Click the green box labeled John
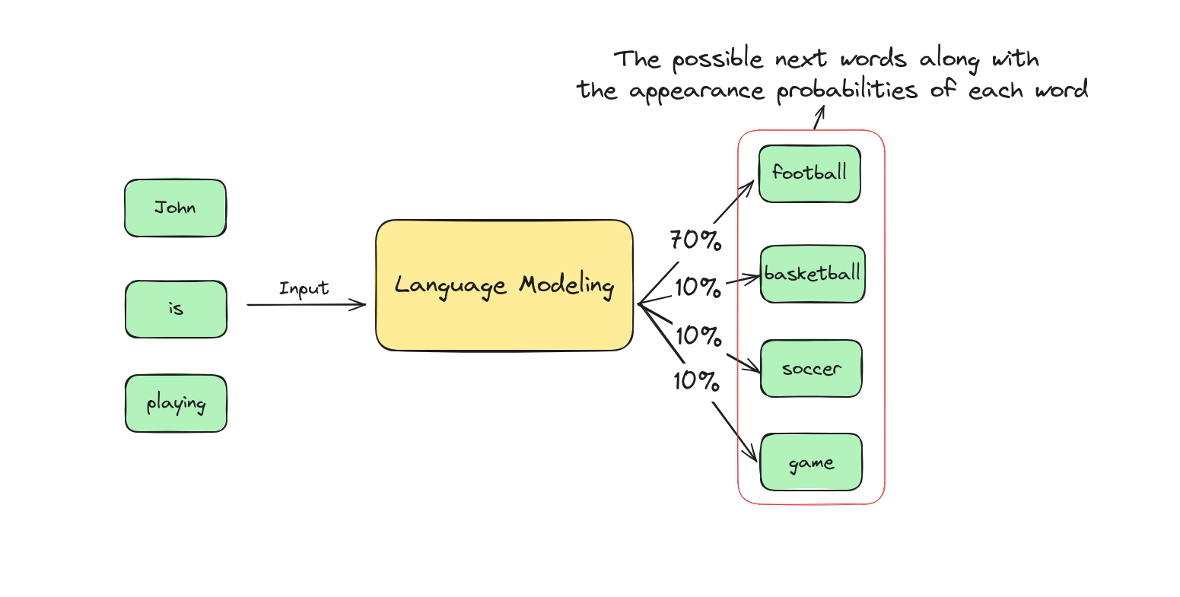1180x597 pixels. [176, 208]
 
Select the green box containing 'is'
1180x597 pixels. [176, 309]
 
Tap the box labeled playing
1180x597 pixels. [176, 403]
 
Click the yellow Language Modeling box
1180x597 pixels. [504, 285]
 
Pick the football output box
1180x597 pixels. [809, 173]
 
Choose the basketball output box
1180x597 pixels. [813, 274]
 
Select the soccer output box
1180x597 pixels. [811, 368]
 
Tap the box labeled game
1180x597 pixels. [811, 462]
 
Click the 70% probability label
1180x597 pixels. [695, 240]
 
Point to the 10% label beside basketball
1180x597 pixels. [698, 287]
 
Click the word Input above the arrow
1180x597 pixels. [304, 288]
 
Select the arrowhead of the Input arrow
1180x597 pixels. [359, 304]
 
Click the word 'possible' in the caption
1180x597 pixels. [717, 59]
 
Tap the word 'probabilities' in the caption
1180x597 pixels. [847, 90]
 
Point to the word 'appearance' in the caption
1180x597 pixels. [696, 91]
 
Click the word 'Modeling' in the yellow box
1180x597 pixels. [567, 286]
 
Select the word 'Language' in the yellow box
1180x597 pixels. [450, 286]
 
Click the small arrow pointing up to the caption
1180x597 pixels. [819, 117]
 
